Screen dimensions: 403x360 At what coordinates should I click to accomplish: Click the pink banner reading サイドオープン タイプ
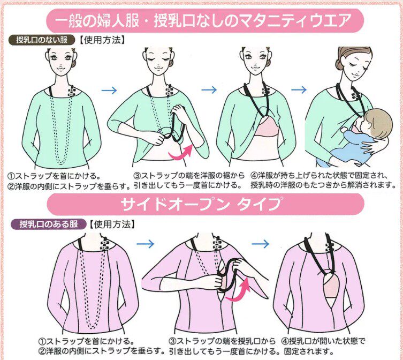click(x=206, y=204)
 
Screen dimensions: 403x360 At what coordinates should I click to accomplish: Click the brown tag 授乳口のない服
click(x=42, y=40)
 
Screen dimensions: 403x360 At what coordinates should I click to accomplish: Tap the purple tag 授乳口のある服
click(x=49, y=224)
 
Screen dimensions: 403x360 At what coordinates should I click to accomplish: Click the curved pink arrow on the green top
click(x=181, y=152)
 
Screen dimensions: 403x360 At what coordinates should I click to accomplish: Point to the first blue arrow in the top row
click(x=109, y=91)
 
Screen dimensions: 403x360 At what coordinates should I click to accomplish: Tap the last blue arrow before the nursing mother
click(x=299, y=90)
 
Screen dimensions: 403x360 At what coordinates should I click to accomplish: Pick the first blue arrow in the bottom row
click(x=145, y=244)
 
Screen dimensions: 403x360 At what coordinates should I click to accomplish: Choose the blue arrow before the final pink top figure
click(x=260, y=244)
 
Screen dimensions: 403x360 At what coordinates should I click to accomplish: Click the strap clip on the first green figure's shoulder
click(x=72, y=92)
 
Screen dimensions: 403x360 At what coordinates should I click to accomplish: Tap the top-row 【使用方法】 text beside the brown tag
click(x=102, y=40)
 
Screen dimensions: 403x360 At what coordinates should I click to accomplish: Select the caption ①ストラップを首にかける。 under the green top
click(x=54, y=176)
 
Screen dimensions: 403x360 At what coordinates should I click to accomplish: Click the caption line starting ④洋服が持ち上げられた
click(x=319, y=176)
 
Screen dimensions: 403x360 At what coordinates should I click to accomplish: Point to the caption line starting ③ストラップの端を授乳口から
click(x=222, y=341)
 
